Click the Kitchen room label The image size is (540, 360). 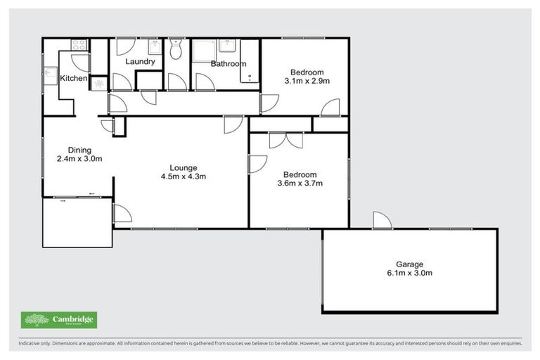coord(73,78)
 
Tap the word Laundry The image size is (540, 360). coord(140,62)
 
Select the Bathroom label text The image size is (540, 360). coord(229,64)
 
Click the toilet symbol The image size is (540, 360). coord(176,49)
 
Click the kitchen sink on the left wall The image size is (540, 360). coord(50,72)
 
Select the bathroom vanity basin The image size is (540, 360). coord(226,46)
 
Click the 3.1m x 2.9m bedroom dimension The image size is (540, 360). coord(307,82)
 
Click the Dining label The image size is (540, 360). coord(79,149)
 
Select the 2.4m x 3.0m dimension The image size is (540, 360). coord(79,158)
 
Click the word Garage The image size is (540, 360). coord(409,264)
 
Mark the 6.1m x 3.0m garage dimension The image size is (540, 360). coord(409,274)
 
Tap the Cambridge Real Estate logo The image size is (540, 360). coord(59,321)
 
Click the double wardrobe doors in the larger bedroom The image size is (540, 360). coord(285,140)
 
